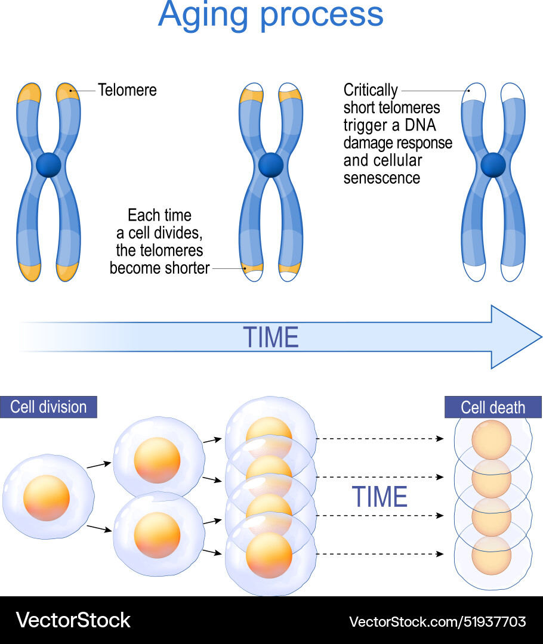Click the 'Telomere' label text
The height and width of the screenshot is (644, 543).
point(127,90)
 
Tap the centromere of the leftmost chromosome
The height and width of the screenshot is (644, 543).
point(48,165)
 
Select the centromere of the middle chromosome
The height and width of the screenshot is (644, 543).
point(270,165)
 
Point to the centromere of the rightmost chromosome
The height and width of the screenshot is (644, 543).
point(493,165)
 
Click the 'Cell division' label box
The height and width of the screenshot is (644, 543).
point(49,407)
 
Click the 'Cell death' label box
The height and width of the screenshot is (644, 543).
point(493,408)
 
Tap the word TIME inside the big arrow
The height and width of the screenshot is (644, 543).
point(270,338)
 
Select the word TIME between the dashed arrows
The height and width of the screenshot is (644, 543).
point(380,497)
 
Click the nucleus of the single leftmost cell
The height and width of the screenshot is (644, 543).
point(47,498)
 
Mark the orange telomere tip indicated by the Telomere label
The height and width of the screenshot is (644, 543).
point(67,93)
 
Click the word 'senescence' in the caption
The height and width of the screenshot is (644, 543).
point(382,178)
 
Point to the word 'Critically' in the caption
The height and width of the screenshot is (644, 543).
point(371,90)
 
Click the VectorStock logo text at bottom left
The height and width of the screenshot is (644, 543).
point(73,620)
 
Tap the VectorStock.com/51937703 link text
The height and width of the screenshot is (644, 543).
point(437,622)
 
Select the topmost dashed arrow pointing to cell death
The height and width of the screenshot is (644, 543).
point(380,439)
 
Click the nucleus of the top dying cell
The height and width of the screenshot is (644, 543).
point(491,440)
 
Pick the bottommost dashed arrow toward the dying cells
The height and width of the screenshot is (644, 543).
point(380,554)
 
